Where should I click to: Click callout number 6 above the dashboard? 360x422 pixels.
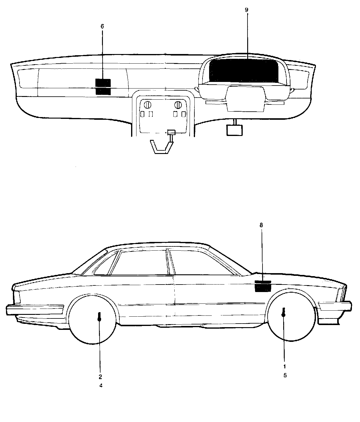pos(102,26)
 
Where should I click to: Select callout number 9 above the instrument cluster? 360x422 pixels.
pos(247,10)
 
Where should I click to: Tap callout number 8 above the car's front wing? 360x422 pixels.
pos(261,225)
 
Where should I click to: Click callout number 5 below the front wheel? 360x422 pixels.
pos(285,375)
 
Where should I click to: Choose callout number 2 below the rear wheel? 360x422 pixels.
pos(100,376)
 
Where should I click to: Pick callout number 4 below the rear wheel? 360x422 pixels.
pos(101,385)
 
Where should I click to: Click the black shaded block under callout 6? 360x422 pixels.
pos(103,87)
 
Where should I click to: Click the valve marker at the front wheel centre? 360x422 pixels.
pos(283,312)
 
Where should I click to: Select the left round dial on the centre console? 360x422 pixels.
pos(148,105)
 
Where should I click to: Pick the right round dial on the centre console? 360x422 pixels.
pos(178,105)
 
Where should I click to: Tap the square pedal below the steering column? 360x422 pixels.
pos(235,130)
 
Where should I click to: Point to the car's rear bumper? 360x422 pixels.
pos(34,309)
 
